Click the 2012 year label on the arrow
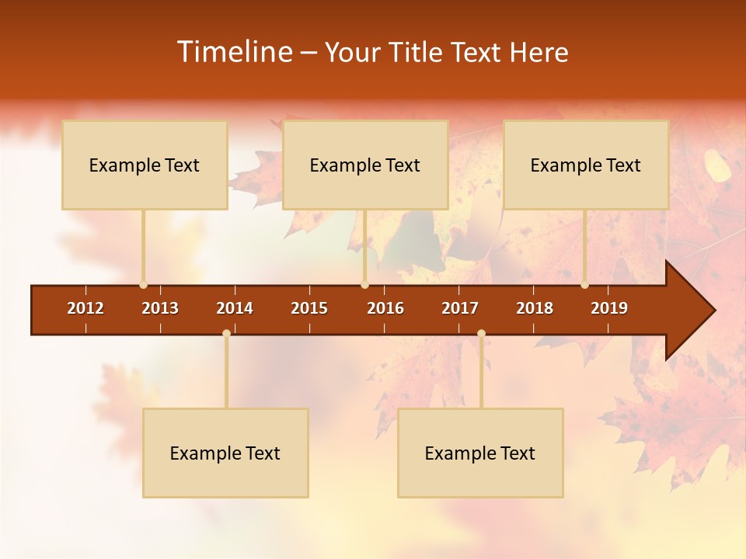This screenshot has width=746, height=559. tap(85, 308)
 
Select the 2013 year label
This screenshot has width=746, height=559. tap(160, 308)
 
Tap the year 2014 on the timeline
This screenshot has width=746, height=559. tap(235, 308)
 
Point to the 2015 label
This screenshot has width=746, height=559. tap(309, 308)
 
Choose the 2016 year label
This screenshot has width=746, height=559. tap(385, 308)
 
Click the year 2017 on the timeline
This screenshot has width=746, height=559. tap(460, 308)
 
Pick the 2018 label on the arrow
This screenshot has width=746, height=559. tap(535, 308)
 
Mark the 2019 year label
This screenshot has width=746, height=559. tap(609, 308)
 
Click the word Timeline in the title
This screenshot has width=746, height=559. tap(233, 52)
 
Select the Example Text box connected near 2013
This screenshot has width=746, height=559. tap(145, 165)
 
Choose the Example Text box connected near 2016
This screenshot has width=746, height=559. tap(365, 165)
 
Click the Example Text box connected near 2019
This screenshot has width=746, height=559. tap(586, 165)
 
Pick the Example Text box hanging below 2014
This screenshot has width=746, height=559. tap(225, 453)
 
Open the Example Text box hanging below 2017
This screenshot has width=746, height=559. tap(480, 453)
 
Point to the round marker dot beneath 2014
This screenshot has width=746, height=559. tap(226, 333)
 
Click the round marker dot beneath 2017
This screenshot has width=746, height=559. tap(481, 333)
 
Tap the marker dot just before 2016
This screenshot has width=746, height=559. tap(364, 284)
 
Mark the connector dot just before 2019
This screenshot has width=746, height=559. tap(584, 284)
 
